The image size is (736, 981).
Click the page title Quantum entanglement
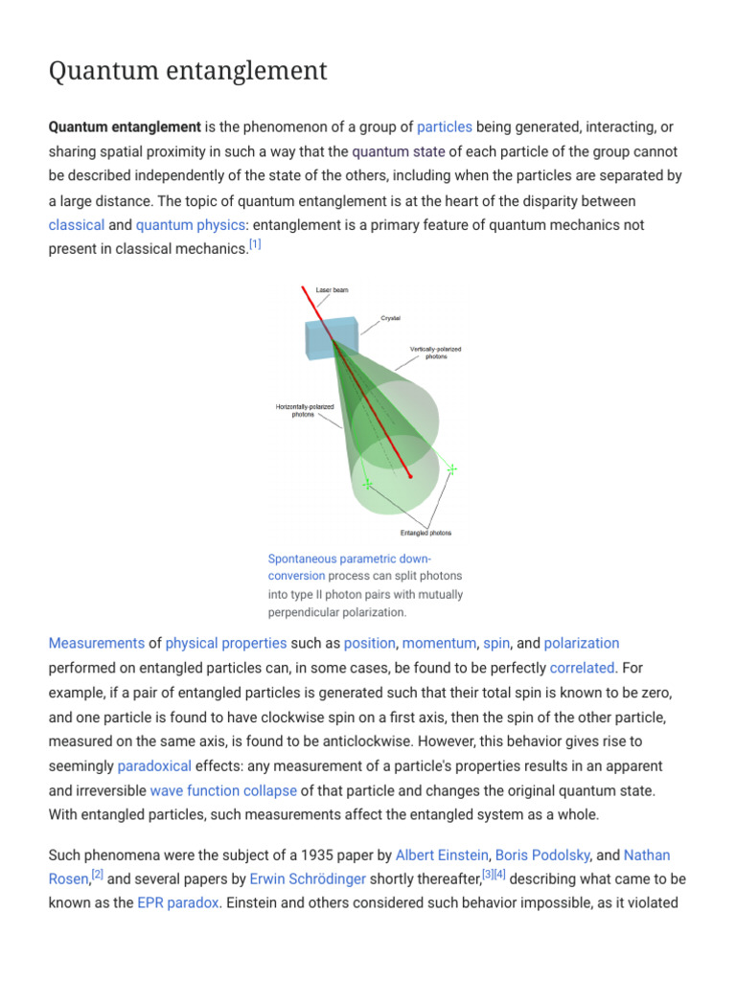(x=188, y=71)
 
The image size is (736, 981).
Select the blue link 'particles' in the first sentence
(x=445, y=126)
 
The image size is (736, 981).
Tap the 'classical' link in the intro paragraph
(x=77, y=225)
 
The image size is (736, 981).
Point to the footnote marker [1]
(x=255, y=245)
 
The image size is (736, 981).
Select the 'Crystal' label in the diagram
(x=390, y=318)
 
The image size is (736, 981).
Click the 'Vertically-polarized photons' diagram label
(x=435, y=353)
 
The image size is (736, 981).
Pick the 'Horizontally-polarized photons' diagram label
(x=305, y=411)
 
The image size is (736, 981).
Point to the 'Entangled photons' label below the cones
(x=425, y=533)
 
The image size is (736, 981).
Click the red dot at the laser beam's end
(x=410, y=475)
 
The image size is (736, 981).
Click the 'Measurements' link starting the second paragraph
(x=96, y=643)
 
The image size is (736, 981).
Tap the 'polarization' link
(x=581, y=643)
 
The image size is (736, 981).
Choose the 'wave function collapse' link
(x=223, y=791)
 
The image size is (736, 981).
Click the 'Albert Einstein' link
(x=442, y=855)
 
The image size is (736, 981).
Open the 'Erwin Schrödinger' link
(x=308, y=878)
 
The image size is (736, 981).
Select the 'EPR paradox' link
(x=178, y=902)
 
